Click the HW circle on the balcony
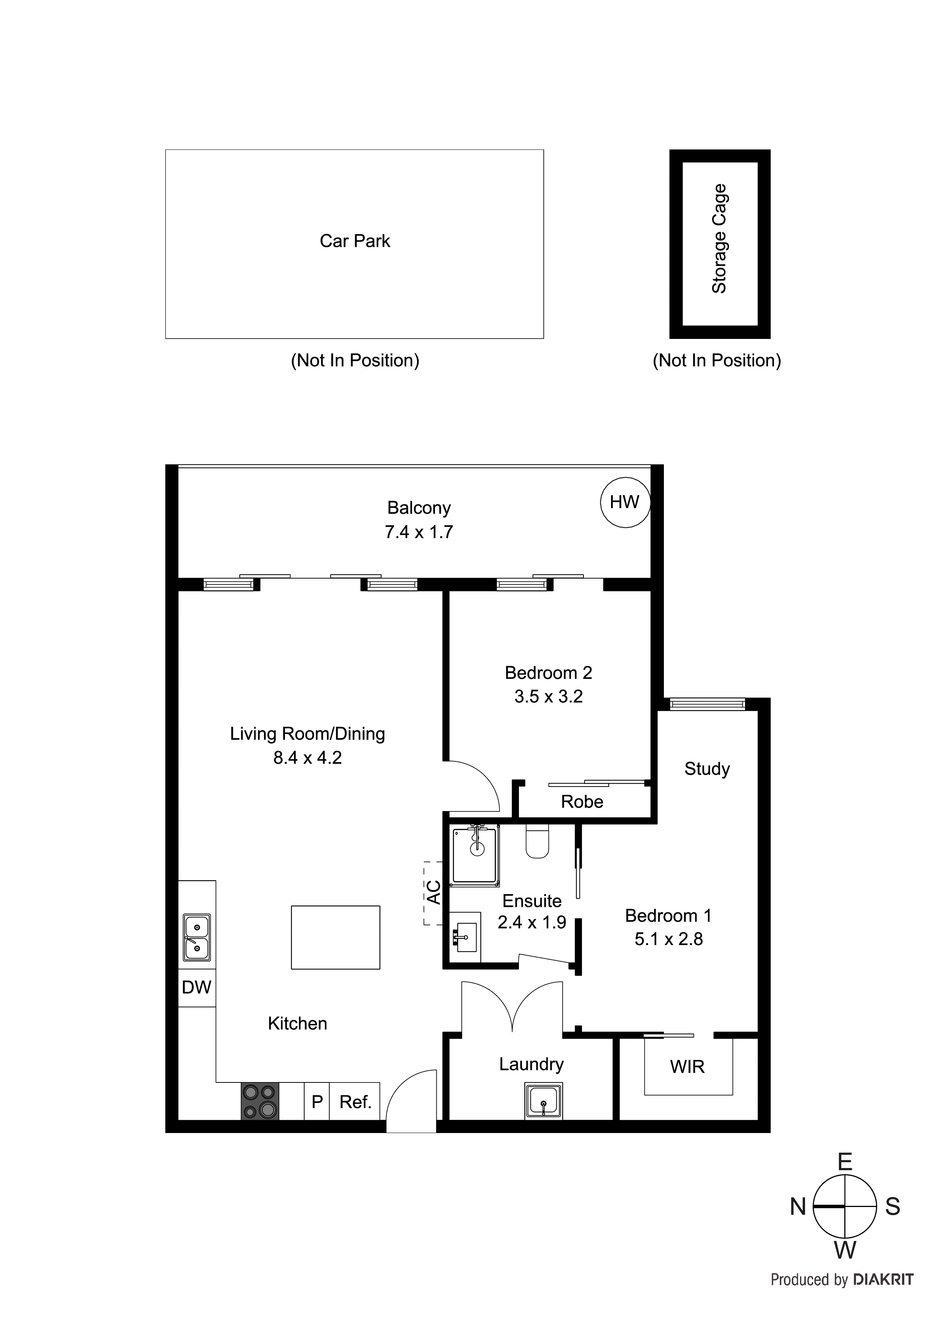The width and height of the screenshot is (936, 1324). click(x=625, y=502)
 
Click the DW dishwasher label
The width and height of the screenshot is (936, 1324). click(x=197, y=987)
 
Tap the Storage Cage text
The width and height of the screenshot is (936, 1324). click(x=719, y=239)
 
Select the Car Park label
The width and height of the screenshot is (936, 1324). click(x=355, y=241)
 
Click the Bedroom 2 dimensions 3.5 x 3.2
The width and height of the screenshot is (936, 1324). click(x=548, y=697)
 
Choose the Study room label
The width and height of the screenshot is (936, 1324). click(x=707, y=769)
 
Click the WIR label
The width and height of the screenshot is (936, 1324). click(x=687, y=1067)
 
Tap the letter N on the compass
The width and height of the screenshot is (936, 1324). click(x=797, y=1207)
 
